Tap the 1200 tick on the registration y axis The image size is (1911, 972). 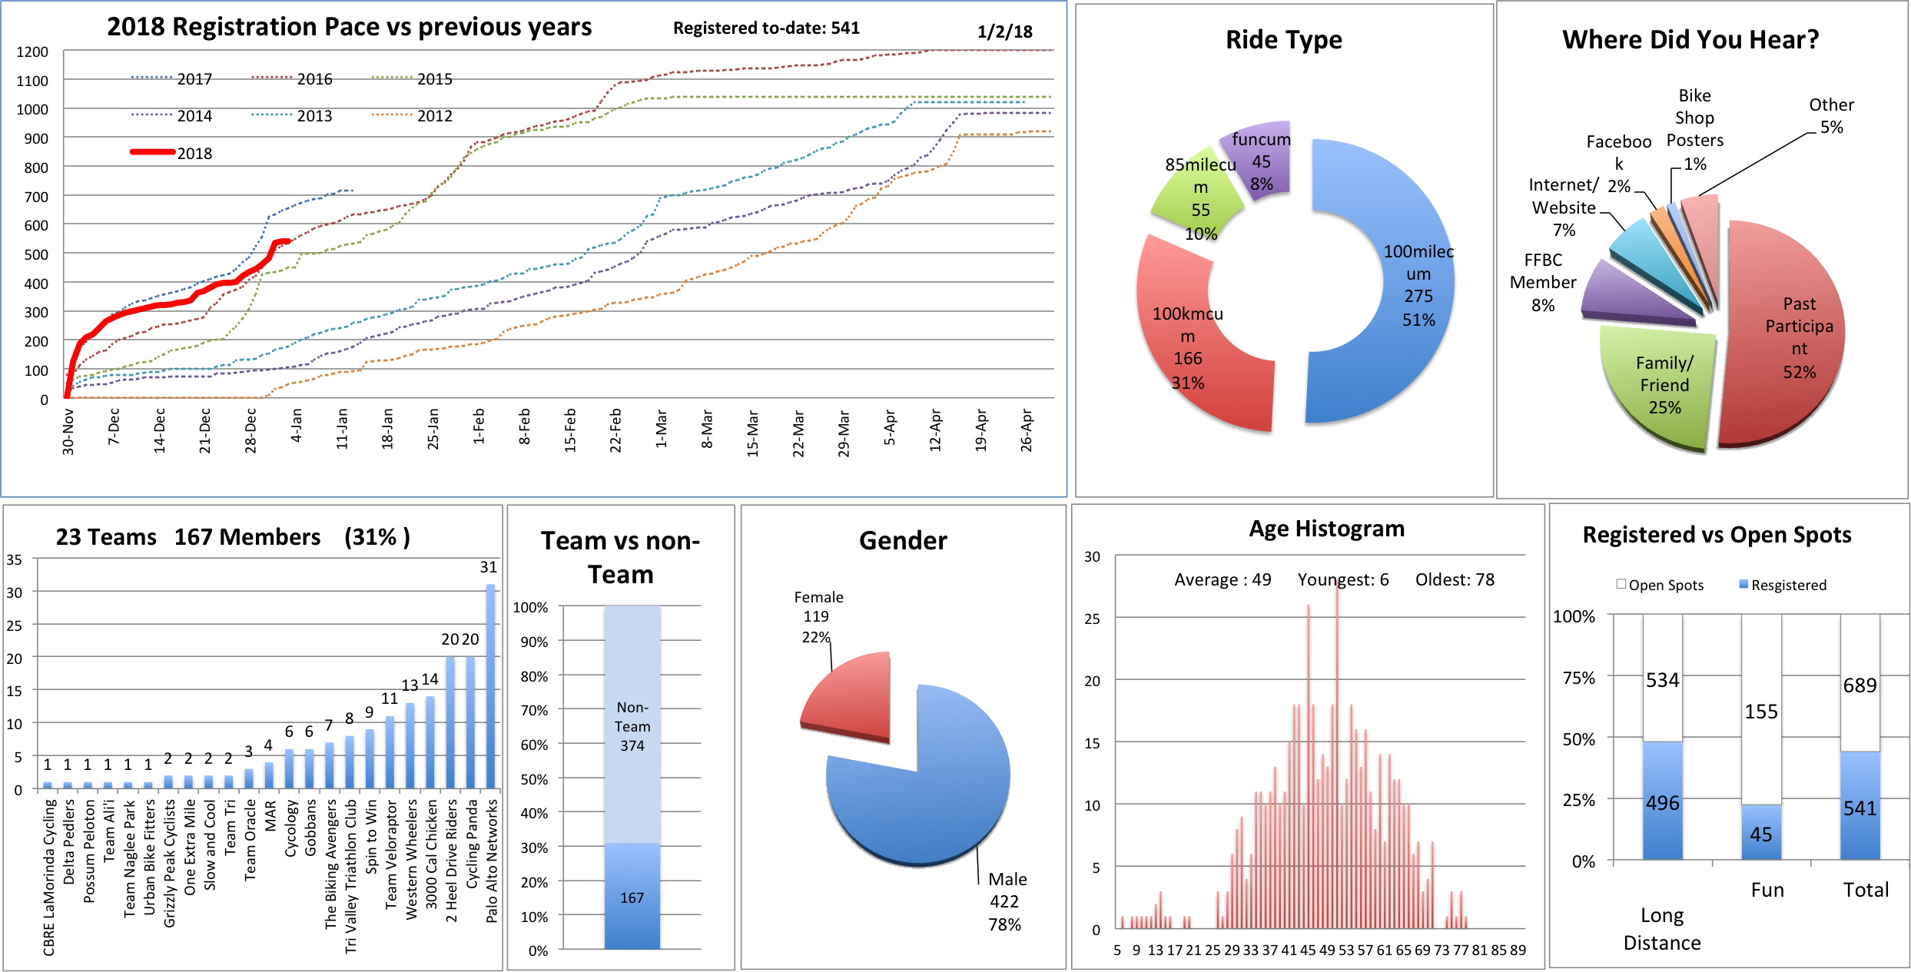click(32, 52)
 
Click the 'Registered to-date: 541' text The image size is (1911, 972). click(766, 28)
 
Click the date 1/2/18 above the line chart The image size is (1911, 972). click(1004, 32)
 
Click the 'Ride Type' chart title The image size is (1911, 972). click(1283, 40)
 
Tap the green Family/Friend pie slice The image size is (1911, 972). click(1660, 384)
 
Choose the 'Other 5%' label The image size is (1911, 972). click(1831, 116)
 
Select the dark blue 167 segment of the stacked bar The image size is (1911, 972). click(632, 896)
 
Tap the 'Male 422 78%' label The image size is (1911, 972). click(1006, 901)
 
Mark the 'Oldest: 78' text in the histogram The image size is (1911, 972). click(1455, 580)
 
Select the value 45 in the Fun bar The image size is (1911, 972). click(1760, 834)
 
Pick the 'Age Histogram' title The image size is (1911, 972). click(1326, 529)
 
